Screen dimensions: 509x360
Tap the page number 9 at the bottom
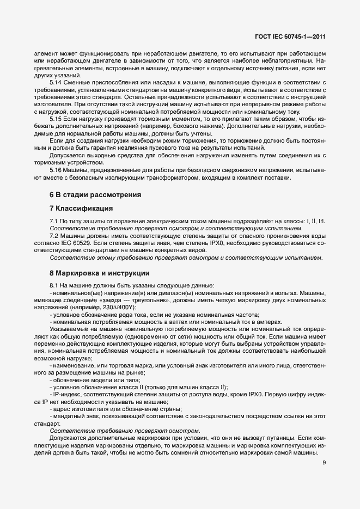[x=324, y=463]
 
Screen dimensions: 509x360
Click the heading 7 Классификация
[x=81, y=208]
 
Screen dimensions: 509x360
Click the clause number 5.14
[x=56, y=82]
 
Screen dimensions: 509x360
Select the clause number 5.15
[x=56, y=118]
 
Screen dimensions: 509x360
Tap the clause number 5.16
[x=56, y=170]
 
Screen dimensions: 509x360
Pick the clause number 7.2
[x=53, y=236]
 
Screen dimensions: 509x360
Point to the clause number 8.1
[x=53, y=286]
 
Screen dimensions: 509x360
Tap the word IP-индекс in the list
[x=65, y=394]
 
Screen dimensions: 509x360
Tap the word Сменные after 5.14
[x=77, y=82]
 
